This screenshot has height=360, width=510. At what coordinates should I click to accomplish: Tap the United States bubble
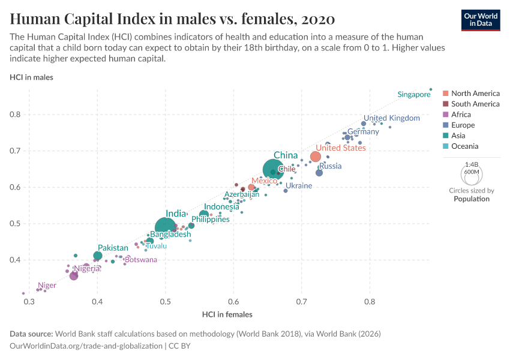click(x=315, y=157)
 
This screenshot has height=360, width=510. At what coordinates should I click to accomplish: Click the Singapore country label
click(x=414, y=94)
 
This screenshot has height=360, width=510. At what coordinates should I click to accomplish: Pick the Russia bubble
click(x=319, y=173)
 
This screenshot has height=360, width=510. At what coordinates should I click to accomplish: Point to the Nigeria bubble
click(x=74, y=276)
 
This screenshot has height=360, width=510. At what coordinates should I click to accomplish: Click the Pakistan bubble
click(x=98, y=256)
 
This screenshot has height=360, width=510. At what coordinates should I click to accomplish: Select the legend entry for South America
click(x=475, y=104)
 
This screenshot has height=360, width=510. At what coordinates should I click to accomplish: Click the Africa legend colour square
click(x=446, y=115)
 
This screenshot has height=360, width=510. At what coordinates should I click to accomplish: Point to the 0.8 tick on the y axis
click(x=15, y=114)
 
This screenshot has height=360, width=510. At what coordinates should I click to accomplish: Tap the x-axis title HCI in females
click(x=227, y=314)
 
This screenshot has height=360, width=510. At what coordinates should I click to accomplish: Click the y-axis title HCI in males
click(x=31, y=77)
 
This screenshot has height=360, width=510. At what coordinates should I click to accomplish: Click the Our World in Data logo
click(x=481, y=19)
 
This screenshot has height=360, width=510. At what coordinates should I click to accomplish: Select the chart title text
click(x=173, y=18)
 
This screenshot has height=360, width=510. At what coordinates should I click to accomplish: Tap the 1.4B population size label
click(x=472, y=164)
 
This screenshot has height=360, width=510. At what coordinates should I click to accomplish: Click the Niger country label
click(x=47, y=286)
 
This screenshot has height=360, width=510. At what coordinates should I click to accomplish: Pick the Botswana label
click(x=141, y=260)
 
